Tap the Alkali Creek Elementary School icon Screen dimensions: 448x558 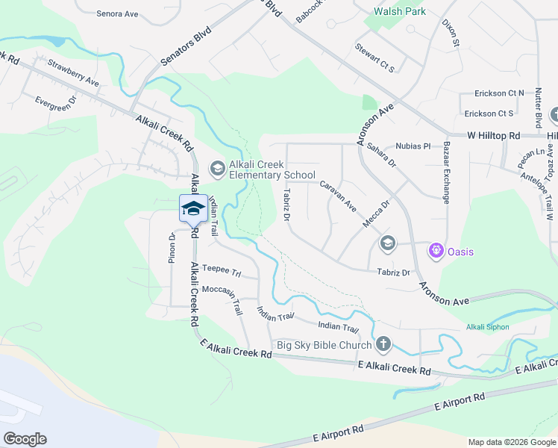[x=217, y=169]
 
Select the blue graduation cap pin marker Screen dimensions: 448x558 [x=193, y=208]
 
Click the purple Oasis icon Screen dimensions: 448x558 [x=436, y=251]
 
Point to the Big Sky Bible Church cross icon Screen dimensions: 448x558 [x=383, y=344]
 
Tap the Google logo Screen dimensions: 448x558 [x=25, y=439]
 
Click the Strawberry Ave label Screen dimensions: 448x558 [x=73, y=72]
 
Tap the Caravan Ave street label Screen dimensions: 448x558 [x=338, y=195]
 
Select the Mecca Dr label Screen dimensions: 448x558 [x=376, y=214]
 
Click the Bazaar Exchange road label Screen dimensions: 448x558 [x=447, y=172]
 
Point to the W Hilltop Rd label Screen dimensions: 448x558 [x=493, y=135]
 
